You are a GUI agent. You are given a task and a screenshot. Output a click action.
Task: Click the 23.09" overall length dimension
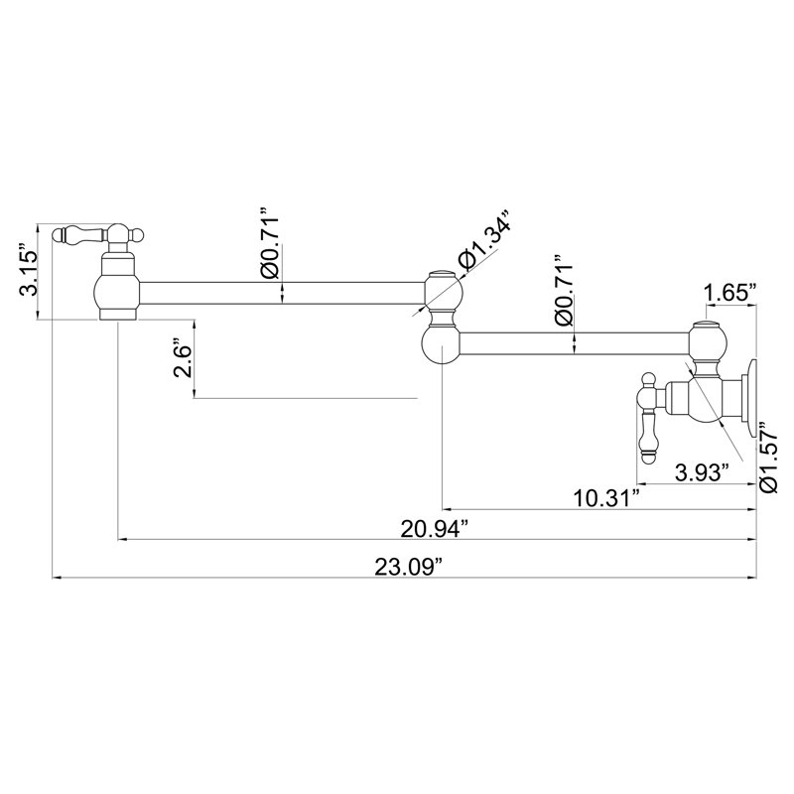(408, 567)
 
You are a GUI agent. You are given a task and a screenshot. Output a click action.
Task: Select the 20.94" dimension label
(434, 529)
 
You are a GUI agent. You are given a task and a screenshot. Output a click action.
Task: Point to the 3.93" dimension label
(703, 473)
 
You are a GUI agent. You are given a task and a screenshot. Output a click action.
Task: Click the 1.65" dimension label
(730, 293)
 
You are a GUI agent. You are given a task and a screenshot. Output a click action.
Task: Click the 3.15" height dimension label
(29, 270)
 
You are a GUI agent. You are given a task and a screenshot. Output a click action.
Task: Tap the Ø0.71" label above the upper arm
(269, 242)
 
